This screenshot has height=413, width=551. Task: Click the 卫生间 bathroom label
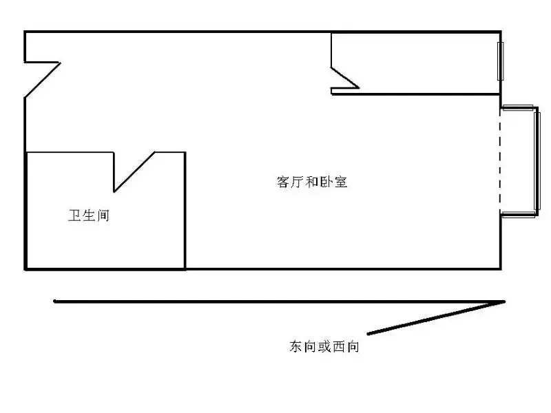(89, 215)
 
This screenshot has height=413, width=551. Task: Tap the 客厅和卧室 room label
(312, 182)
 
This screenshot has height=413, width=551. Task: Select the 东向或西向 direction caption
(324, 346)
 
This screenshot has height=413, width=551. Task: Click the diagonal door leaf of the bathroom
(134, 172)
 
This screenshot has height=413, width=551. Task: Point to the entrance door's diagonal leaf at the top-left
(43, 80)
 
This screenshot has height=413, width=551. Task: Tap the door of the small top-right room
(345, 78)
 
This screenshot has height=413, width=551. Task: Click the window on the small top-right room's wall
(501, 61)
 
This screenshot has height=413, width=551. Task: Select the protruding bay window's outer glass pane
(537, 161)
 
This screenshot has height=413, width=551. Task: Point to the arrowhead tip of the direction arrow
(505, 301)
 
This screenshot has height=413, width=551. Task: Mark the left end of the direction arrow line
(54, 301)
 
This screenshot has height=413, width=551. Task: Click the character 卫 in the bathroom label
(75, 215)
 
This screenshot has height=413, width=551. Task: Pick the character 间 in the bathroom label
(103, 215)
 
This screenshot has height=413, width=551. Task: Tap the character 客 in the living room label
(283, 182)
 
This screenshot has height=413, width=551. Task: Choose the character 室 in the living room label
(341, 182)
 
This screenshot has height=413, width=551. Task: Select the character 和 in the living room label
(312, 182)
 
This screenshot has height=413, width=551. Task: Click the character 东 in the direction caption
(296, 346)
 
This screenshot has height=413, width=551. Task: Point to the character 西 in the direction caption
(338, 347)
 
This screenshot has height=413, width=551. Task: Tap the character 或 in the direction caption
(324, 346)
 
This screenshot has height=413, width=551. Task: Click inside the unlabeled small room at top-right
(422, 63)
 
